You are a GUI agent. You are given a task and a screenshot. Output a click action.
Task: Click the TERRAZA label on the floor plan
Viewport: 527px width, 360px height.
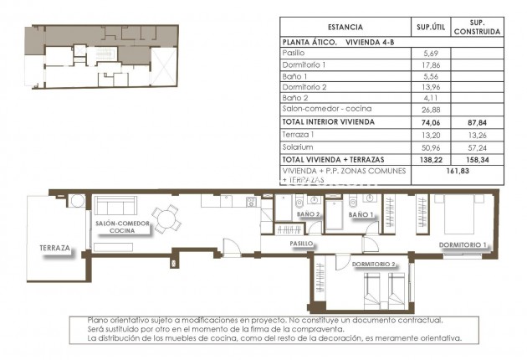pos(53,249)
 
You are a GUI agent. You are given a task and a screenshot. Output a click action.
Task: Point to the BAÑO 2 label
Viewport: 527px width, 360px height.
pos(308,214)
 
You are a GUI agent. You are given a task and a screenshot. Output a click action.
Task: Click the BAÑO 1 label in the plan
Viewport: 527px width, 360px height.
pos(361,215)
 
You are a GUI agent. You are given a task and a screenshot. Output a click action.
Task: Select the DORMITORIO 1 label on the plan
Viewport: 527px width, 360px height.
pos(463,244)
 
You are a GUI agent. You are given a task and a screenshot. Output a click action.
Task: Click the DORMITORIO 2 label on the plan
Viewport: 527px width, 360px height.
pos(373,265)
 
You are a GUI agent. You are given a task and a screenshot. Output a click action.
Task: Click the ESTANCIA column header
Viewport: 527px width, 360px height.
pos(345,27)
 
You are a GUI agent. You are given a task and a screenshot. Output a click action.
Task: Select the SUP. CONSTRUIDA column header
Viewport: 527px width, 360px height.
pos(477,27)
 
